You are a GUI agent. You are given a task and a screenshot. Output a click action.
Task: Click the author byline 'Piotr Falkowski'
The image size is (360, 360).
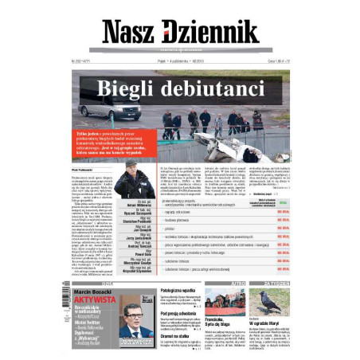(x=82, y=170)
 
